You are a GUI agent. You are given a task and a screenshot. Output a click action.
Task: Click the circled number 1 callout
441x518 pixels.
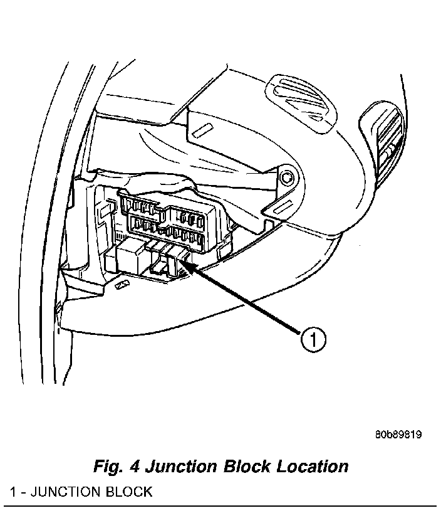(312, 341)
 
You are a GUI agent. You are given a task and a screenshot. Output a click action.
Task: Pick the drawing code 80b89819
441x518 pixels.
(398, 434)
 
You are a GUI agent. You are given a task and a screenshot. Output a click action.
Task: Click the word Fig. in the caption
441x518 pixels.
(108, 467)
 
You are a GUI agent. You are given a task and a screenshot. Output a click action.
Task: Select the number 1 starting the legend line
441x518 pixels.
(13, 491)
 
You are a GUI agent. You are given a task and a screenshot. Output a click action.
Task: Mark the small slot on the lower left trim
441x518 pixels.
(122, 285)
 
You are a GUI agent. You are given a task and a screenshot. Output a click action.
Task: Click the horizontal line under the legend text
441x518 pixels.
(219, 505)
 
